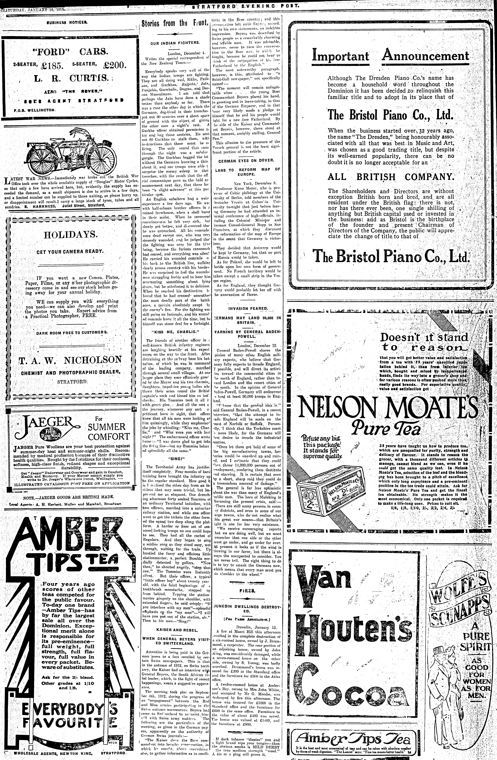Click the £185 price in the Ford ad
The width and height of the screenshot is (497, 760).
point(53,65)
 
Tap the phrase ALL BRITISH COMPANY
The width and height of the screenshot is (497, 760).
point(391,177)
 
